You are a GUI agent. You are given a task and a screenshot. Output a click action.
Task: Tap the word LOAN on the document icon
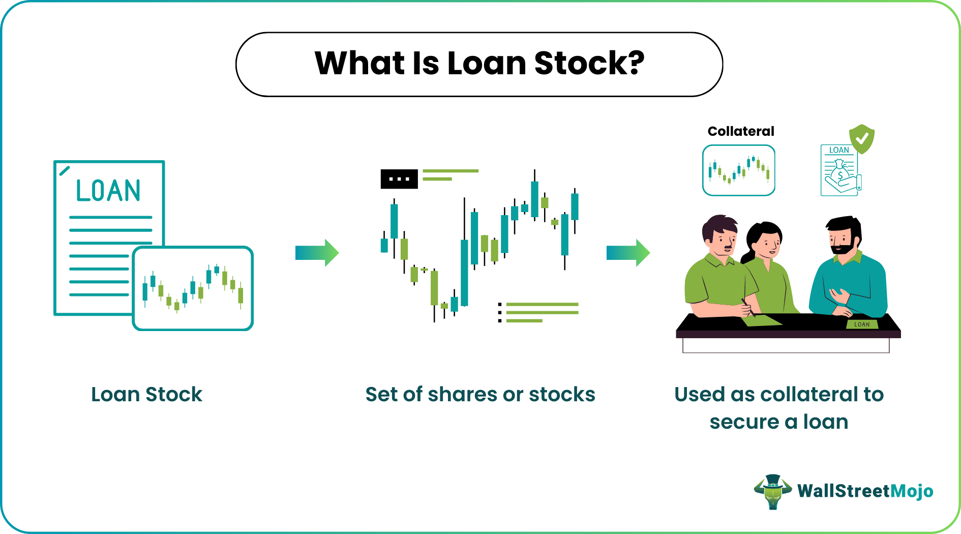pyautogui.click(x=108, y=191)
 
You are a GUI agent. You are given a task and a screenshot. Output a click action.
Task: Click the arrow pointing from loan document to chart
pyautogui.click(x=317, y=253)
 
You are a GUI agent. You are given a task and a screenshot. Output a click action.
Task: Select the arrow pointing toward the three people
pyautogui.click(x=628, y=253)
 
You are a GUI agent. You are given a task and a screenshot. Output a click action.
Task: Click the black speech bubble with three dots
pyautogui.click(x=399, y=179)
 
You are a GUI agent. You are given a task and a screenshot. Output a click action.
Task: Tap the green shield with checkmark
pyautogui.click(x=862, y=139)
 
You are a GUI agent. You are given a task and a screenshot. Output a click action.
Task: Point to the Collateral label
pyautogui.click(x=741, y=131)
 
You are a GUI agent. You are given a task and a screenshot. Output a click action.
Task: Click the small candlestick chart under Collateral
pyautogui.click(x=739, y=170)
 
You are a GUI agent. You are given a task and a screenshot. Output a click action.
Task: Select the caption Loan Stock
pyautogui.click(x=146, y=395)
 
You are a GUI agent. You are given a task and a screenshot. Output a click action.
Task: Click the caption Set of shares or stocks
pyautogui.click(x=481, y=395)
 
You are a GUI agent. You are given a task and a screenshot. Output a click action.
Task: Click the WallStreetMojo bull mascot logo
pyautogui.click(x=773, y=492)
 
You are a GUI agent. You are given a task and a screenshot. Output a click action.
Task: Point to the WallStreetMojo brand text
pyautogui.click(x=865, y=491)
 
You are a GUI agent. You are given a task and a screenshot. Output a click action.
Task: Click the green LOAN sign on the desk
pyautogui.click(x=862, y=324)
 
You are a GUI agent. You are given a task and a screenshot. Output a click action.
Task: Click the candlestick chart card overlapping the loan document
pyautogui.click(x=193, y=288)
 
